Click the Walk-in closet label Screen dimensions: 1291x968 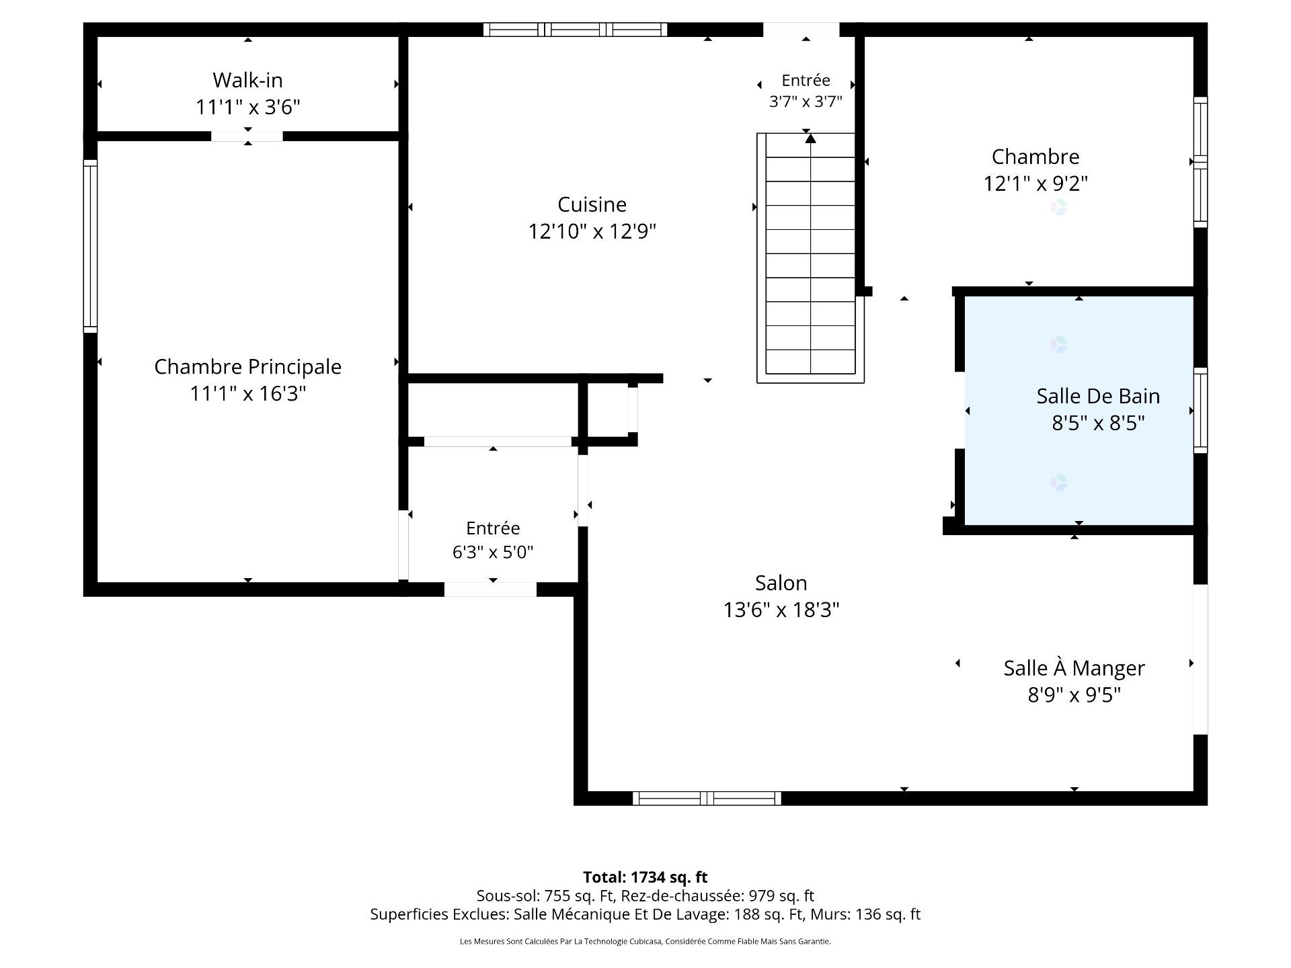point(247,80)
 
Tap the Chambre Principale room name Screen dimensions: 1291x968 point(247,366)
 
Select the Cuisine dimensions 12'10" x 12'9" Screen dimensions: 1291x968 point(592,231)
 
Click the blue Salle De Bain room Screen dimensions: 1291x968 point(1079,411)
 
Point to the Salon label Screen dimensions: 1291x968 point(781,583)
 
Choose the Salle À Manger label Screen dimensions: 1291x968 point(1074,668)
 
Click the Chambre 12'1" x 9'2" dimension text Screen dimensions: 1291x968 point(1035,184)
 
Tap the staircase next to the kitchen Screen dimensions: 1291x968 point(810,258)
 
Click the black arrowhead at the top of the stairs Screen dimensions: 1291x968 point(811,138)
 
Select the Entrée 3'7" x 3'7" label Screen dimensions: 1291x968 point(806,91)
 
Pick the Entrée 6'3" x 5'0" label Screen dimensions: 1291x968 point(493,540)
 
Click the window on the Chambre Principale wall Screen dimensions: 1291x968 point(90,246)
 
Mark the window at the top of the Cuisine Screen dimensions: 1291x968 point(575,30)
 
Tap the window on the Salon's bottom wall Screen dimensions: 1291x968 point(707,798)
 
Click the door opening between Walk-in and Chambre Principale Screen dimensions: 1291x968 point(247,136)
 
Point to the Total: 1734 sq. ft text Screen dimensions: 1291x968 point(645,877)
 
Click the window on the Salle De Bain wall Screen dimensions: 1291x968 point(1200,410)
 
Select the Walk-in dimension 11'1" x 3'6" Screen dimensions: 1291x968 point(247,107)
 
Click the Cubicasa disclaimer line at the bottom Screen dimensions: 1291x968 point(645,942)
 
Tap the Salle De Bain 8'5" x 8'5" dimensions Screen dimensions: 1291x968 point(1098,423)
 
